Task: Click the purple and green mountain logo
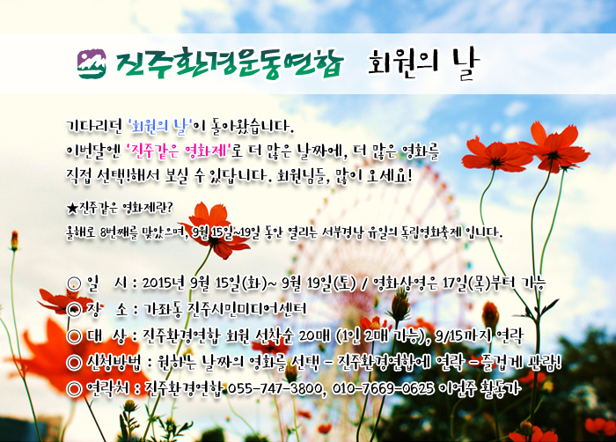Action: (x=92, y=63)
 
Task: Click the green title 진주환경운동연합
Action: (x=230, y=63)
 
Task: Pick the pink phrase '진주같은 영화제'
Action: (x=179, y=151)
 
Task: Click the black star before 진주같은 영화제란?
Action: (x=72, y=208)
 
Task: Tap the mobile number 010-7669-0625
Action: (x=383, y=388)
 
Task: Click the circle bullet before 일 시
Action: (x=74, y=284)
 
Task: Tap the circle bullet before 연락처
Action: (x=74, y=389)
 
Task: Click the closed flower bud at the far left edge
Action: (x=15, y=240)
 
